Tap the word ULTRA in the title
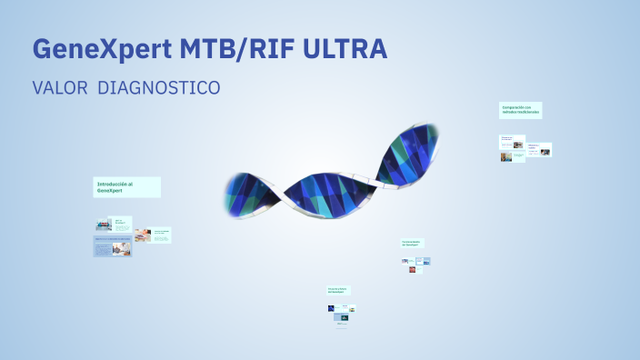(x=349, y=50)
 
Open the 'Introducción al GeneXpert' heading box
(x=127, y=187)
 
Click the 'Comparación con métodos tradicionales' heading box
(x=521, y=110)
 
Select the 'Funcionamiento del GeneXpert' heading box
(x=414, y=244)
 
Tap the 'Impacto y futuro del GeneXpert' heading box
(x=338, y=290)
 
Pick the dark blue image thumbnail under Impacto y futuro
(x=333, y=308)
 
